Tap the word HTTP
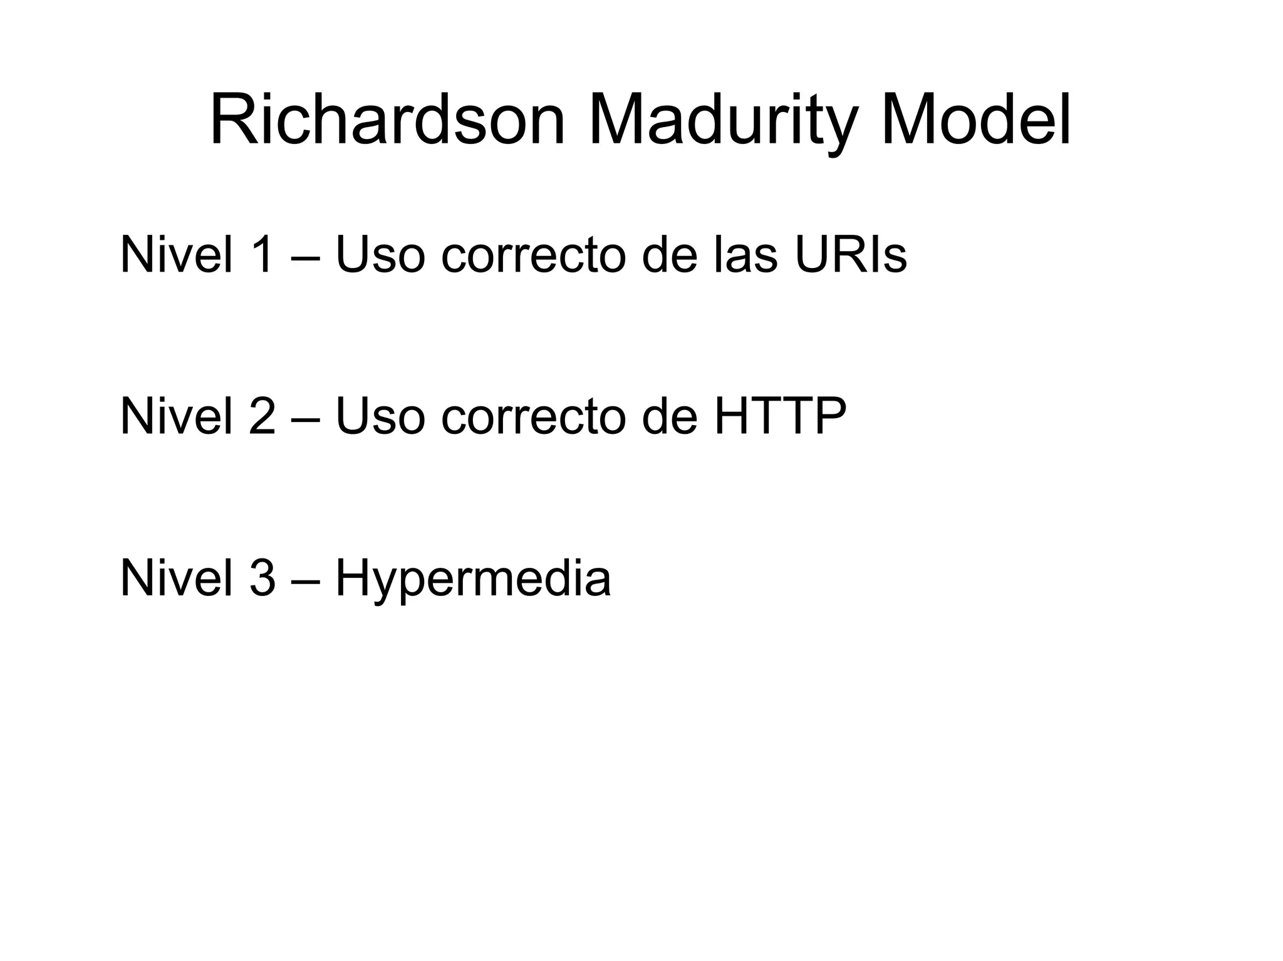point(780,416)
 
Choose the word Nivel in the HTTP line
point(176,416)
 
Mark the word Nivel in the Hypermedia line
point(176,578)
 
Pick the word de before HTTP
point(669,416)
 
